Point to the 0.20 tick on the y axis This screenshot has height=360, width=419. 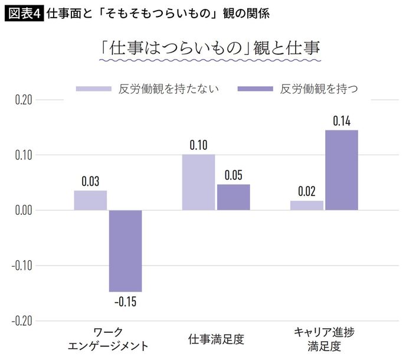22,100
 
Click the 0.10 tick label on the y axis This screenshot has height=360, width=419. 22,155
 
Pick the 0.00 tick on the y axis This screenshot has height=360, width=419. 22,211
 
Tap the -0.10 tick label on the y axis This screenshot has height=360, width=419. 21,266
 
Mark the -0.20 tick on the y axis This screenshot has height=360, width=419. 21,321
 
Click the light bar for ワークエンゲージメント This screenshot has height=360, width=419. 90,201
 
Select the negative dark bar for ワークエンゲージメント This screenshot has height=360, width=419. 126,251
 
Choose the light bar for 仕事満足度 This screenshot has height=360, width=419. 198,182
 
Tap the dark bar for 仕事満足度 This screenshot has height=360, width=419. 233,197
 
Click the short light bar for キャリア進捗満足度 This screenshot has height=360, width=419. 307,205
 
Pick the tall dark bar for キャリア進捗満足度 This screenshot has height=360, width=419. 342,170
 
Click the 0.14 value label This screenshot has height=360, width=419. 342,122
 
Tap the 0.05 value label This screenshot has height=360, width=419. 233,175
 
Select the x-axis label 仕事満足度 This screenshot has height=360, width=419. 216,339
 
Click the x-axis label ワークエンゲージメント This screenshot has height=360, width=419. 108,339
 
